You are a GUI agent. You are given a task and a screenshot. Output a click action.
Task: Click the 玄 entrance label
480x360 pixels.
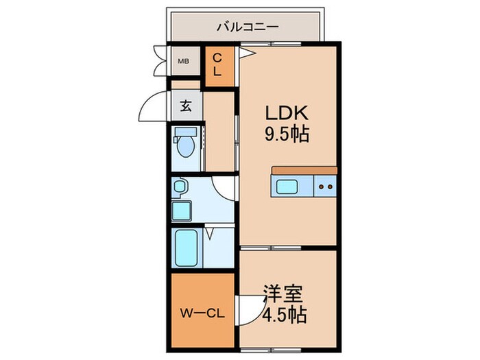(186, 106)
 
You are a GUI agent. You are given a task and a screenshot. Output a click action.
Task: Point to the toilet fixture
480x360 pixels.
(184, 145)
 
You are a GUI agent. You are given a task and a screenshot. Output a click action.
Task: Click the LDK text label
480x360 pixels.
(286, 112)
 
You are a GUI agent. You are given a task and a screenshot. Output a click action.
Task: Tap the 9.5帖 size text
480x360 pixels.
(286, 133)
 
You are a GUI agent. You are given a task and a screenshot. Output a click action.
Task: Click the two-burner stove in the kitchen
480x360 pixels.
(325, 185)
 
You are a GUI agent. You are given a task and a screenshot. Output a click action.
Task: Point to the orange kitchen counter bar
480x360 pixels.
(304, 170)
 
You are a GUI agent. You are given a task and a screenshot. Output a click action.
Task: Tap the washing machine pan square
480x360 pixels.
(182, 210)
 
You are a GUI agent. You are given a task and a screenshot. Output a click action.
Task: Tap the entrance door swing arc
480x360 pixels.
(154, 106)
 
